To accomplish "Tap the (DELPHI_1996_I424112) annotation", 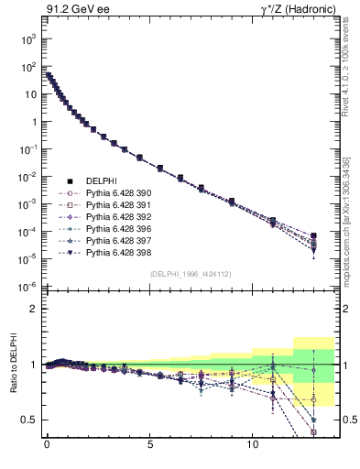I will coord(191,274).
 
